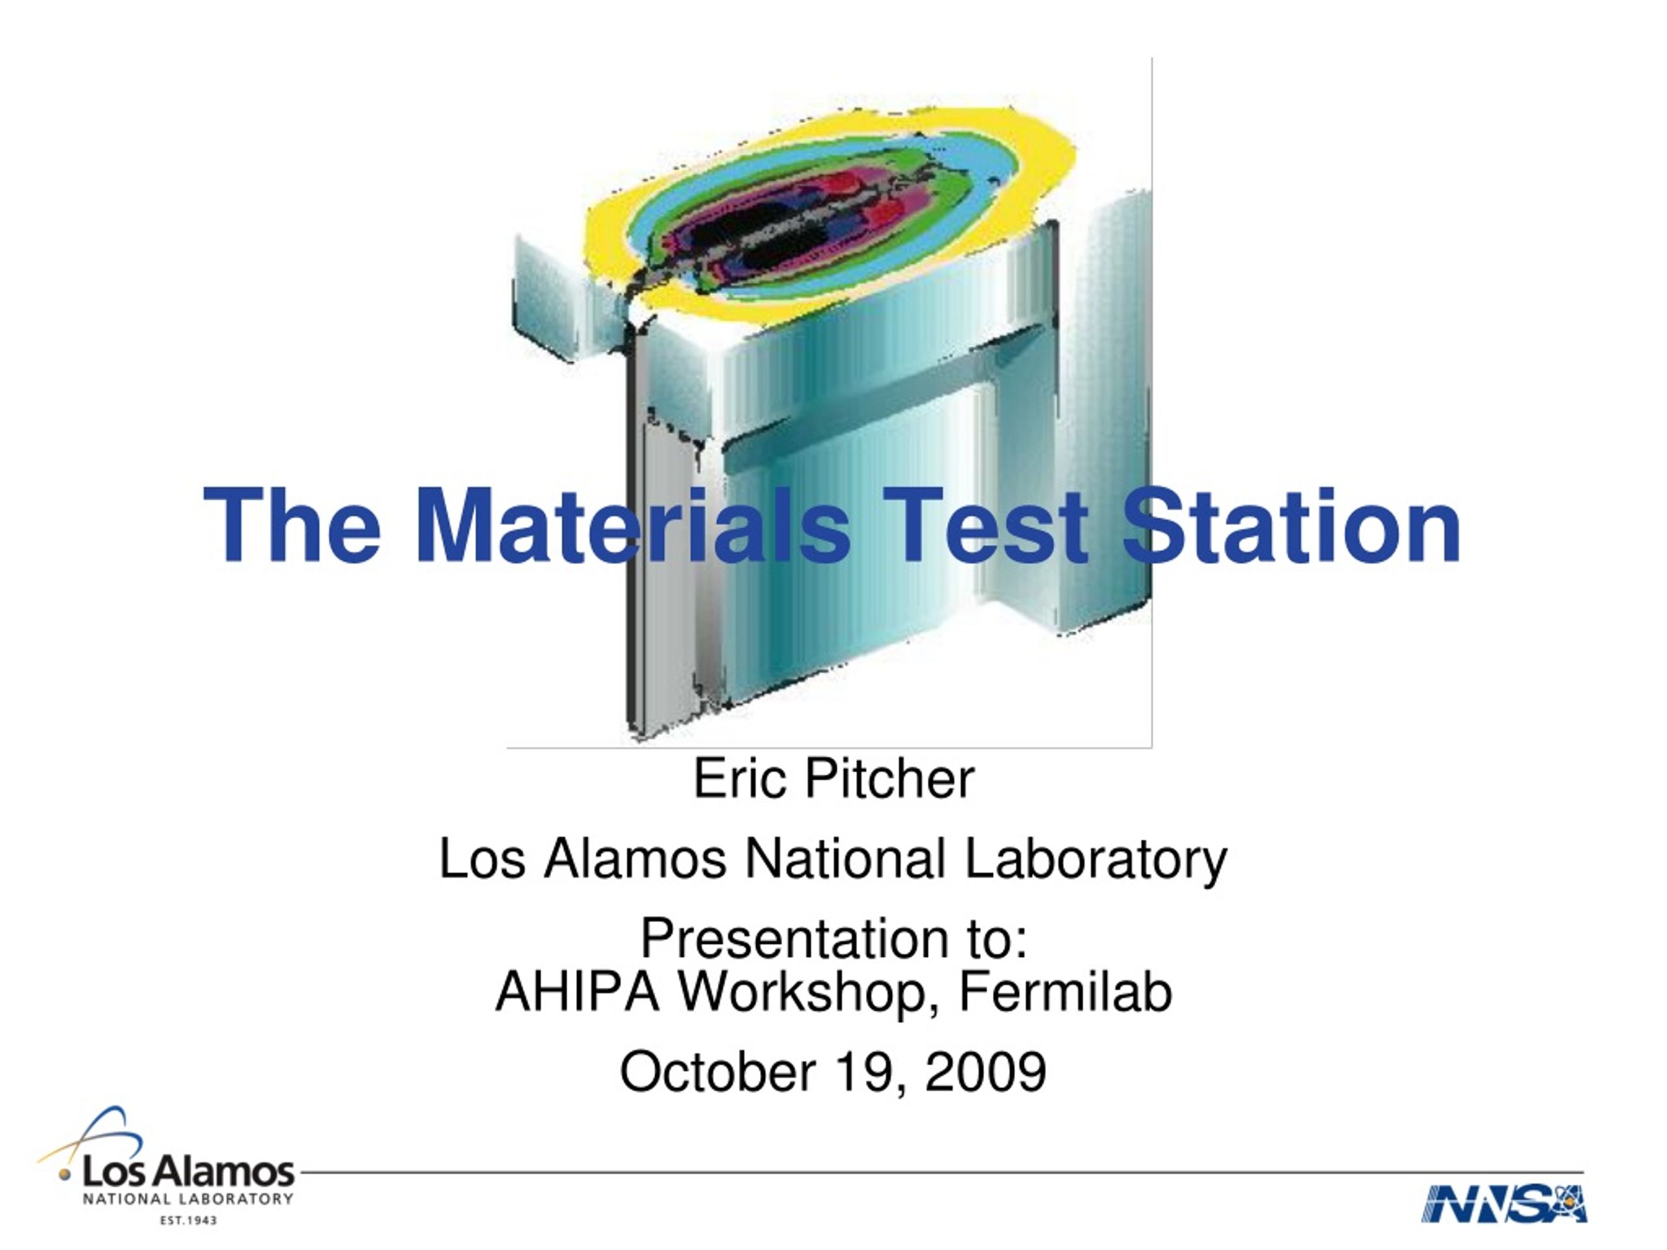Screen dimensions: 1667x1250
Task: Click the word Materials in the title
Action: [633, 525]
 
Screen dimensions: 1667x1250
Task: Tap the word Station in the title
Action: [1292, 525]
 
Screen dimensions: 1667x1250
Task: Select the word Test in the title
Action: [986, 525]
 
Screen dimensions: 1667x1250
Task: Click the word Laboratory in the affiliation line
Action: [1097, 860]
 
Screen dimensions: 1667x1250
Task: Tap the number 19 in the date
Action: [868, 1073]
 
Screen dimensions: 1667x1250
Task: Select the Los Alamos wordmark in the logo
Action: [188, 1173]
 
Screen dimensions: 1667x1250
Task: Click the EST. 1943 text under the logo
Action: [188, 1221]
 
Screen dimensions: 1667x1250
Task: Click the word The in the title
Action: [292, 525]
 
